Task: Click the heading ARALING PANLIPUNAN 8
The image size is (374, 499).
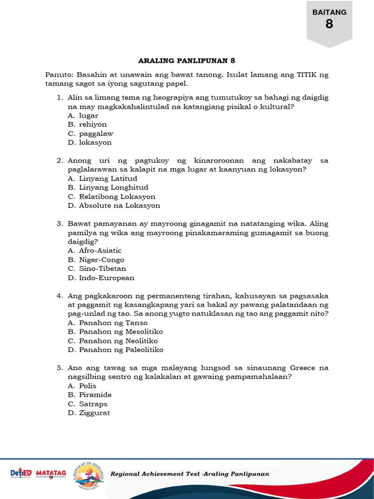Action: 187,61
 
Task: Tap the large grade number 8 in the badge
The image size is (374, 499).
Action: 329,24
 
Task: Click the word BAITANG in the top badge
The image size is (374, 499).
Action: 329,12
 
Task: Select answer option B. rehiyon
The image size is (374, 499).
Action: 87,124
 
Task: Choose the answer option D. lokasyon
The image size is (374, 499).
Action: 90,142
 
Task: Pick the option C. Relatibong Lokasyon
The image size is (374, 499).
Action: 112,197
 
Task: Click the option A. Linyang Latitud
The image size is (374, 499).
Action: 103,178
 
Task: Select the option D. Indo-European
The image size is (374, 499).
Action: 101,278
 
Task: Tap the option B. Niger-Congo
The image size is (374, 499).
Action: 96,260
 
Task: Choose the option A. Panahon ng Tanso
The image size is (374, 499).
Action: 108,323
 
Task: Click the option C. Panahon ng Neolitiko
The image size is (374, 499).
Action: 112,341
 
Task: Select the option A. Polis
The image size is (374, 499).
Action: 82,385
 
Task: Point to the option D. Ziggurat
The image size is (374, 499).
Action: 89,413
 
